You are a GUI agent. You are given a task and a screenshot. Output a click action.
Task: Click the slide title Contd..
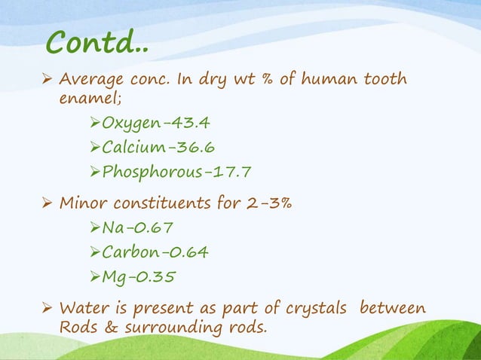pyautogui.click(x=97, y=42)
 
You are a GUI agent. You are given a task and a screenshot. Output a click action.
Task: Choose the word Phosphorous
pyautogui.click(x=151, y=172)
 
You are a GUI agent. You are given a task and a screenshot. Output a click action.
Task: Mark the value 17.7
pyautogui.click(x=229, y=172)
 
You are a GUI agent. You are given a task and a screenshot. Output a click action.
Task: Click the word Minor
pyautogui.click(x=82, y=203)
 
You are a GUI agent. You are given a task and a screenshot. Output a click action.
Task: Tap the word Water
pyautogui.click(x=83, y=309)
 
